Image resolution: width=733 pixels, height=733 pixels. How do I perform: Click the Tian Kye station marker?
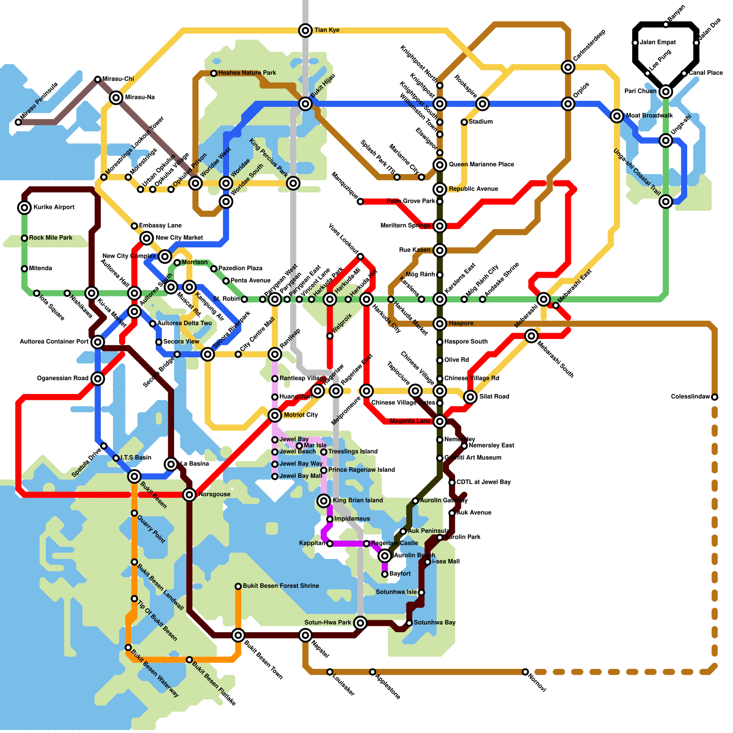[306, 30]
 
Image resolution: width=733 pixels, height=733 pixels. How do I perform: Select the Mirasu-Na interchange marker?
[116, 97]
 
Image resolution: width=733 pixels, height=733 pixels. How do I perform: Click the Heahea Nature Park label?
[247, 73]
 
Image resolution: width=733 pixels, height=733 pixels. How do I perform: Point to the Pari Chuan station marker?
[666, 92]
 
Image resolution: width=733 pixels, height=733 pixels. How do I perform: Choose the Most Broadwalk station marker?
[617, 116]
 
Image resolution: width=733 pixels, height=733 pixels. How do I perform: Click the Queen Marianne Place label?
[481, 164]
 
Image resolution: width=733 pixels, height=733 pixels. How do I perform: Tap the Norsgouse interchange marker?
[189, 494]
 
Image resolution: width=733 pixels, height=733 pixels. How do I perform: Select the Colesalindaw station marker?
[715, 397]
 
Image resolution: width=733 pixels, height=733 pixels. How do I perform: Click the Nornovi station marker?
[525, 672]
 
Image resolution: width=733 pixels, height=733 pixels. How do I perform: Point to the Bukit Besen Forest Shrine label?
[281, 586]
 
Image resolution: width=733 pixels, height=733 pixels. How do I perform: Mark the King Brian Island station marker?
[324, 501]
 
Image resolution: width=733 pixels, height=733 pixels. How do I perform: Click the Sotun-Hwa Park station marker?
[361, 623]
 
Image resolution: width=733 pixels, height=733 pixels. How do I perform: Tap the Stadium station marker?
[464, 122]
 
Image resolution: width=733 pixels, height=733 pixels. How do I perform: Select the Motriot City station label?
[301, 415]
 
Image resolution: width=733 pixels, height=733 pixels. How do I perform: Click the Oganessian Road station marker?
[98, 378]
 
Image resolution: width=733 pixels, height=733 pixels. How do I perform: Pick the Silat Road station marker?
[470, 397]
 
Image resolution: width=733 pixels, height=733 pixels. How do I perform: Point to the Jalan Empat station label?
[657, 43]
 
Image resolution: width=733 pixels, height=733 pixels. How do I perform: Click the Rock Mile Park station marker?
[24, 238]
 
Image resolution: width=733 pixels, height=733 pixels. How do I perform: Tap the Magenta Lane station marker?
[440, 421]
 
